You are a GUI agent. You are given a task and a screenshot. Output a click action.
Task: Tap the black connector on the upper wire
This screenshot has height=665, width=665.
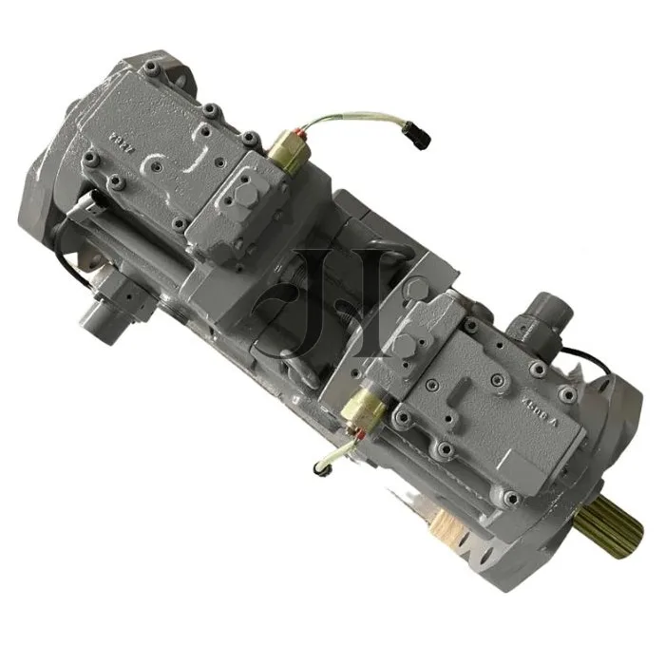coord(418,136)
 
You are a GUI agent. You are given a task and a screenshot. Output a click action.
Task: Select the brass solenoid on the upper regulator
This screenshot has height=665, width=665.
coord(288,150)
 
